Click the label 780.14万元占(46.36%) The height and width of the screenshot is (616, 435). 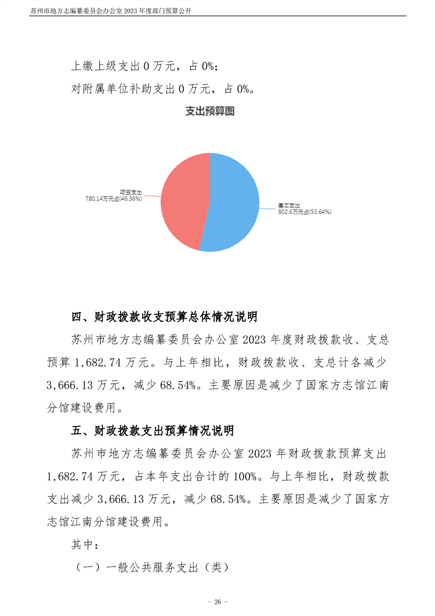pyautogui.click(x=114, y=199)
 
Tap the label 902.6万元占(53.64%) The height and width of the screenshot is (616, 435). pyautogui.click(x=304, y=211)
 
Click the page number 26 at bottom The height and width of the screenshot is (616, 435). pyautogui.click(x=217, y=602)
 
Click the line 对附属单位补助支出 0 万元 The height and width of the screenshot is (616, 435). pyautogui.click(x=162, y=88)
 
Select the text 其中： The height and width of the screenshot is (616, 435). pyautogui.click(x=85, y=545)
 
